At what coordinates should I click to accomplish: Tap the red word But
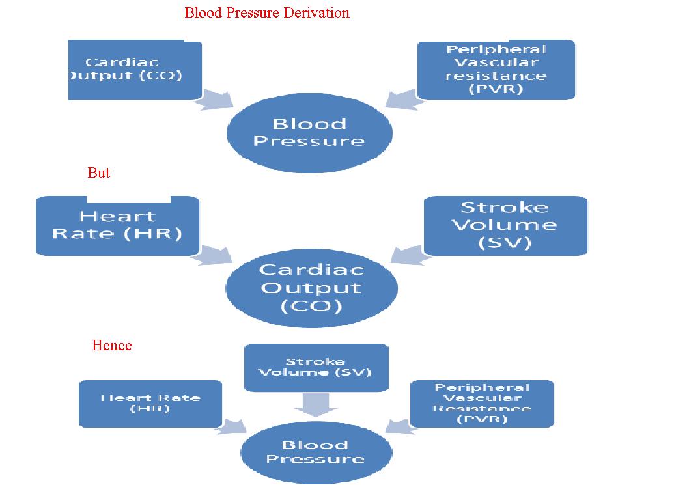pyautogui.click(x=98, y=173)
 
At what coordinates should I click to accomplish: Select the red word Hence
pyautogui.click(x=112, y=346)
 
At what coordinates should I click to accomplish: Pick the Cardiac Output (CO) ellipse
pyautogui.click(x=311, y=288)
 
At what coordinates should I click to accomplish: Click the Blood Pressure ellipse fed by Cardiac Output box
pyautogui.click(x=309, y=133)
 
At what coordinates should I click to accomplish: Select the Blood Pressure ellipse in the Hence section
pyautogui.click(x=316, y=452)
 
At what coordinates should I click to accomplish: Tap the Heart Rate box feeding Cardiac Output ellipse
pyautogui.click(x=117, y=225)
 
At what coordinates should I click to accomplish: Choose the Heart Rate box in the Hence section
pyautogui.click(x=150, y=404)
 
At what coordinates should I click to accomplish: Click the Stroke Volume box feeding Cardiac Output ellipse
pyautogui.click(x=505, y=225)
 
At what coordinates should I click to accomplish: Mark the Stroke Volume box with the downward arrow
pyautogui.click(x=316, y=367)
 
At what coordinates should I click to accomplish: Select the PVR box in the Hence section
pyautogui.click(x=482, y=404)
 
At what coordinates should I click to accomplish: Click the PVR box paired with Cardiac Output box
pyautogui.click(x=496, y=70)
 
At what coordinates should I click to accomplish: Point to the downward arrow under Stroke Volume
pyautogui.click(x=315, y=405)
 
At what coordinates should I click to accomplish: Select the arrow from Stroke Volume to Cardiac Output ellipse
pyautogui.click(x=408, y=255)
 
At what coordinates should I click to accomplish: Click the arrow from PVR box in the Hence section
pyautogui.click(x=399, y=426)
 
